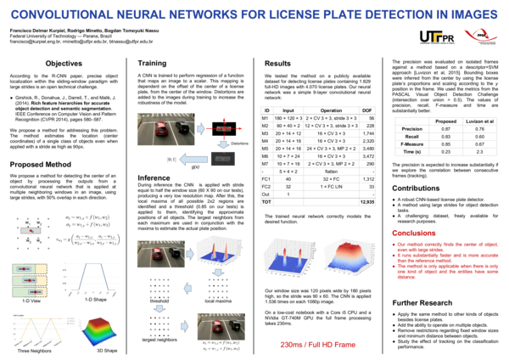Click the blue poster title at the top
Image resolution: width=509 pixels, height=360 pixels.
(x=254, y=14)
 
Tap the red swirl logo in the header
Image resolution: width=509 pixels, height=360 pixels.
(x=480, y=35)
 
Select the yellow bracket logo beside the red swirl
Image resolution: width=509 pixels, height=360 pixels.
(x=438, y=37)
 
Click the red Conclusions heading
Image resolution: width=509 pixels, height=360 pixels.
(x=414, y=233)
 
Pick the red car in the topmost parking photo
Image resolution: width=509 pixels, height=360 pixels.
(x=160, y=130)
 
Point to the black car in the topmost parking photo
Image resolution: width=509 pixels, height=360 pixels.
(x=182, y=127)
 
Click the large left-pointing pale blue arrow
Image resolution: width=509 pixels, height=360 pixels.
(x=193, y=159)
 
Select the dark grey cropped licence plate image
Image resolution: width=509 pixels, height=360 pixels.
(x=223, y=159)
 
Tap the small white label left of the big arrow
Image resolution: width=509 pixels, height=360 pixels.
(x=171, y=159)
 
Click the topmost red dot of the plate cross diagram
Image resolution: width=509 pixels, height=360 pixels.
(x=224, y=119)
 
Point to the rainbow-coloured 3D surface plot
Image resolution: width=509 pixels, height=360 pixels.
(x=100, y=331)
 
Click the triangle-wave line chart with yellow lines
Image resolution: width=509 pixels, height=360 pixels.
(x=43, y=329)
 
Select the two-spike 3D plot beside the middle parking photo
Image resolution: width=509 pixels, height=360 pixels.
(x=219, y=250)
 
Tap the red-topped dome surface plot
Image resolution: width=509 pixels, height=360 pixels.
(x=349, y=256)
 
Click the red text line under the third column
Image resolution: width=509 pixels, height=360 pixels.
(x=317, y=345)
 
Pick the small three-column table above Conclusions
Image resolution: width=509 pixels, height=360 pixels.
(x=445, y=136)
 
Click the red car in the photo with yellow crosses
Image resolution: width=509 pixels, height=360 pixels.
(x=218, y=327)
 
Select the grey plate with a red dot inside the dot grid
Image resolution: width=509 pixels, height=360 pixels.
(x=31, y=230)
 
